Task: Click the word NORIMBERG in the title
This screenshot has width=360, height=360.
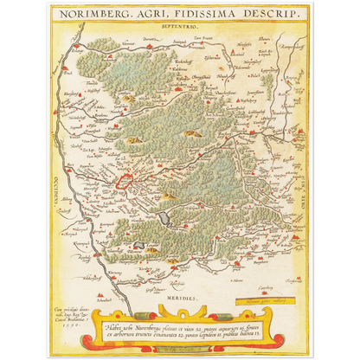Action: (x=102, y=16)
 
